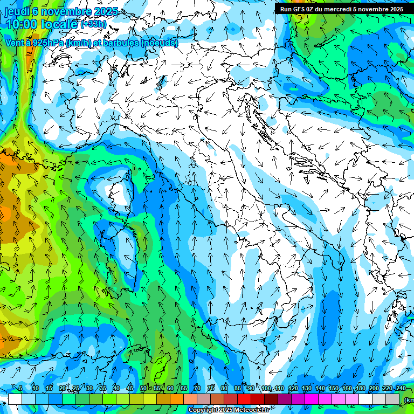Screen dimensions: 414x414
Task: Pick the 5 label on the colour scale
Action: pyautogui.click(x=20, y=388)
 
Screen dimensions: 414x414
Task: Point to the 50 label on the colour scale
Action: pyautogui.click(x=143, y=388)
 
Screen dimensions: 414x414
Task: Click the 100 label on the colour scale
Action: pyautogui.click(x=266, y=388)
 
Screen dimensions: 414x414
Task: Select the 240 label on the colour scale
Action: pyautogui.click(x=401, y=388)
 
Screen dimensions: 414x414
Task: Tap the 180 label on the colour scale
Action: pyautogui.click(x=360, y=388)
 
